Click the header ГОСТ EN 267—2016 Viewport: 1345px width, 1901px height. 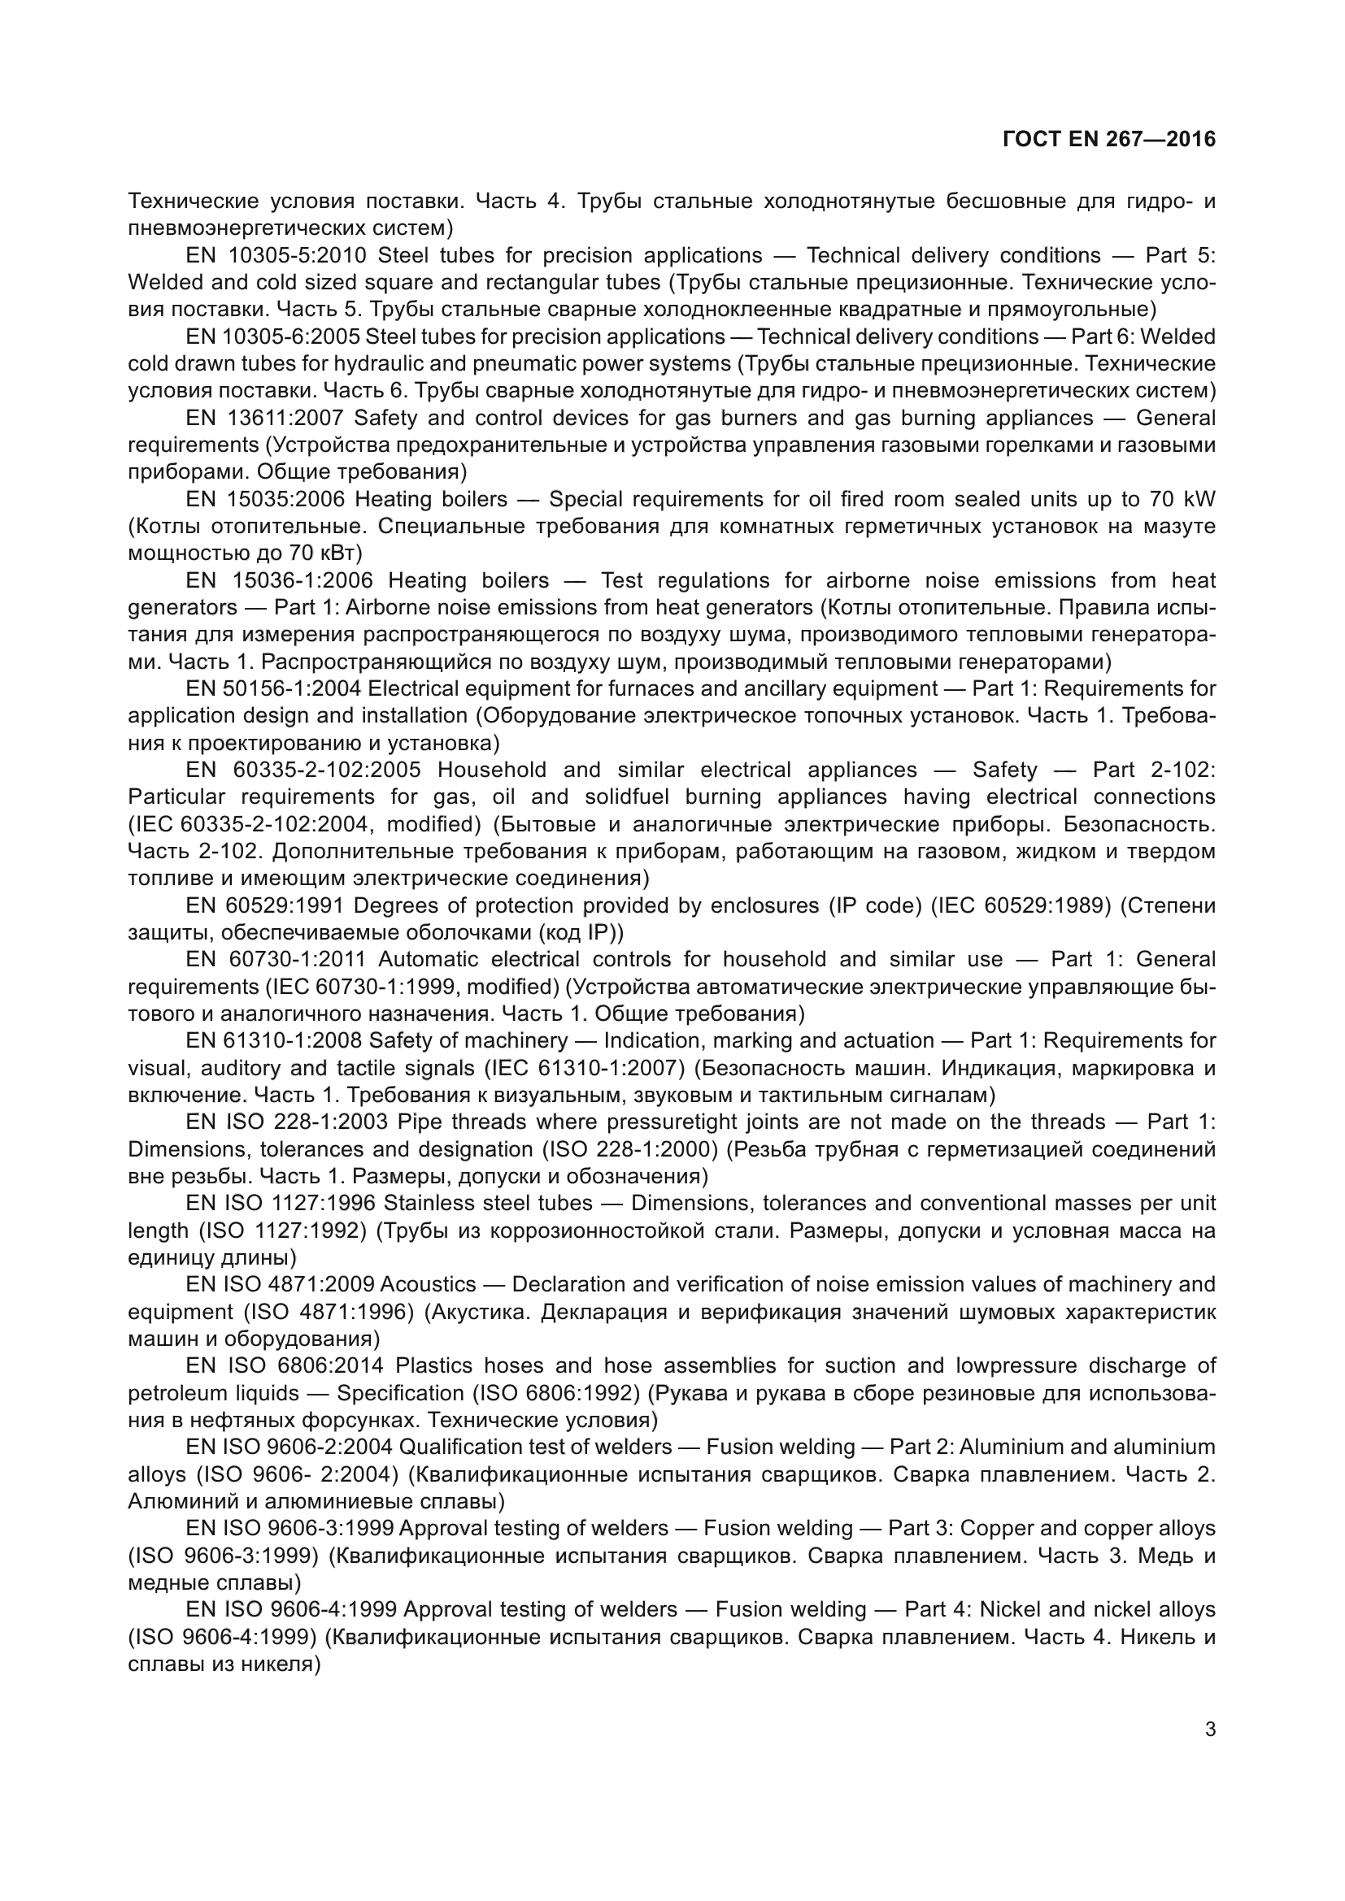[1109, 139]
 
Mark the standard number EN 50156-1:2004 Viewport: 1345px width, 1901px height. [273, 688]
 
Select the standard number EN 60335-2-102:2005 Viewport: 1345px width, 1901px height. [304, 770]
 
